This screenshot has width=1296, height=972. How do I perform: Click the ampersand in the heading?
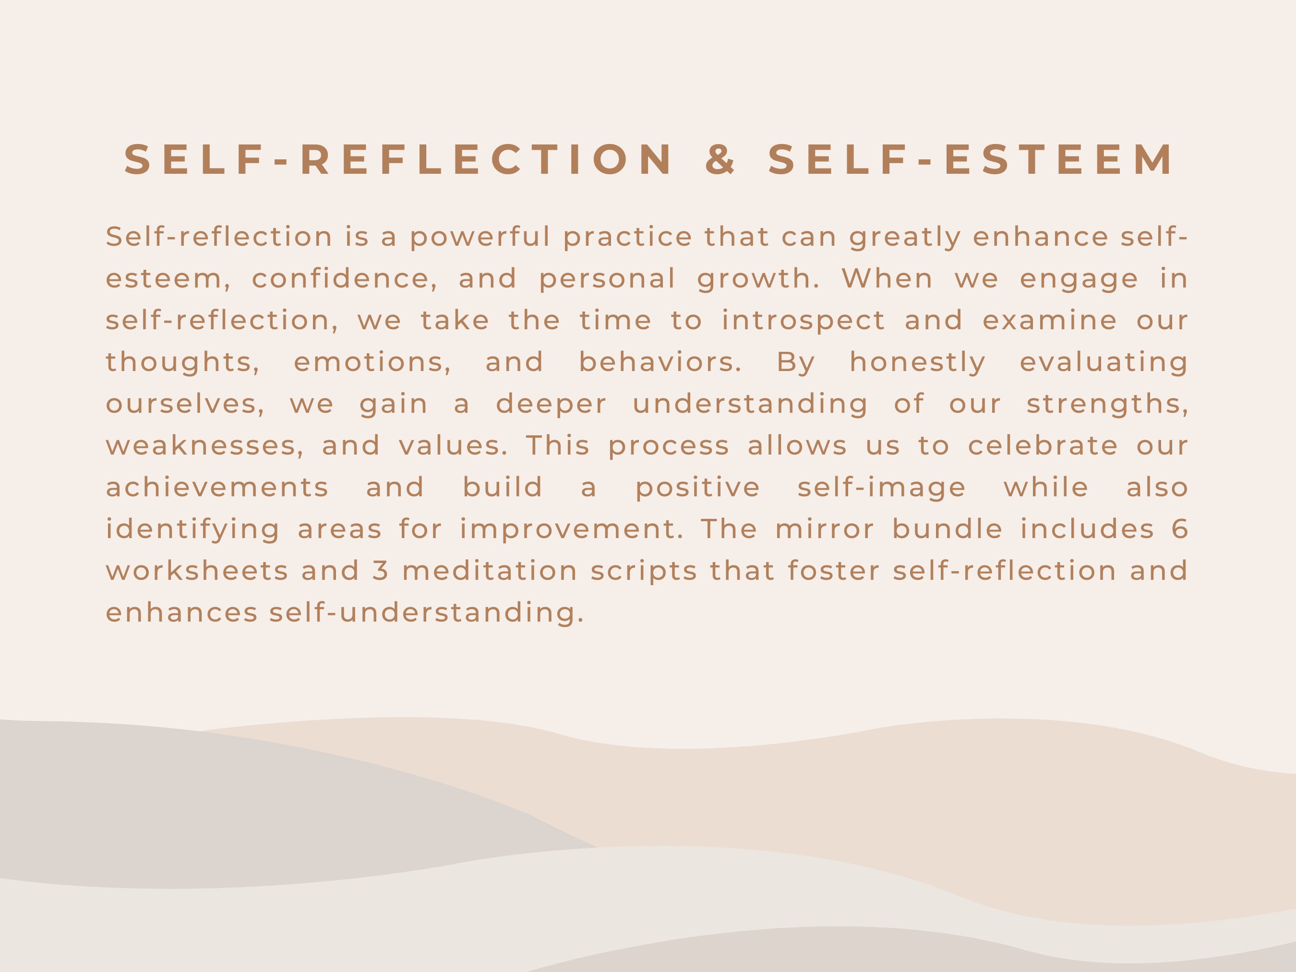pos(720,159)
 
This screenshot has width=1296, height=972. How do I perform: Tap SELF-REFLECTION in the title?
pos(399,159)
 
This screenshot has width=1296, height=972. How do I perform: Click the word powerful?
pos(480,237)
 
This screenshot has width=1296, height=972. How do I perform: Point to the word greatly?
pos(905,237)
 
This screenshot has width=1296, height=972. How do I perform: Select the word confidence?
pos(345,279)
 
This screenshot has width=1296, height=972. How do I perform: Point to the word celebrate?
pos(1043,446)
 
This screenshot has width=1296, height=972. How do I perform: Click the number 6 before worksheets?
pos(1180,529)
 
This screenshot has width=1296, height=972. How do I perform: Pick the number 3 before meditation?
pos(380,571)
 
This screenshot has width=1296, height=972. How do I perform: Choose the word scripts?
pos(644,571)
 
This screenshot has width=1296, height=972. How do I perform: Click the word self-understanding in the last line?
pos(427,613)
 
